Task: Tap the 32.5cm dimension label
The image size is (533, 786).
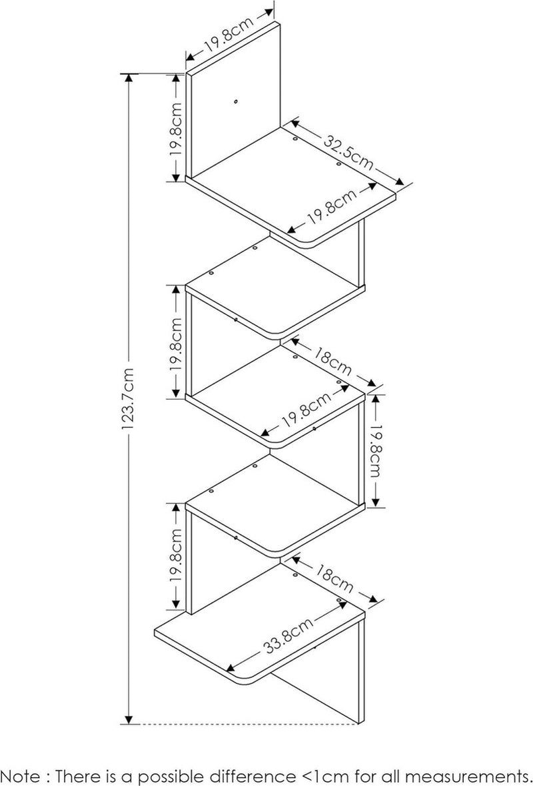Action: [x=348, y=151]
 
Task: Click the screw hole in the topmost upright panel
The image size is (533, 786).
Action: [x=237, y=102]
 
